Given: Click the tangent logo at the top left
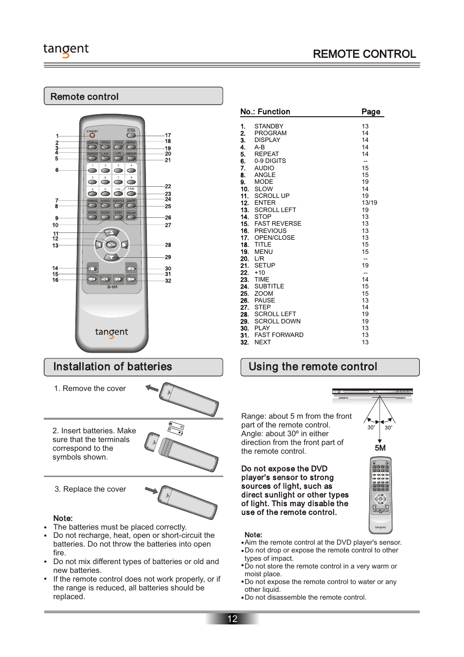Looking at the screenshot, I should pyautogui.click(x=66, y=50).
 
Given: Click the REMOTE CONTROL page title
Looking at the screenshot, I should pyautogui.click(x=364, y=54).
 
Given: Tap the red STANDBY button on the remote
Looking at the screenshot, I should pyautogui.click(x=92, y=136).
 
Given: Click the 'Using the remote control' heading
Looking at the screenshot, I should pyautogui.click(x=313, y=367).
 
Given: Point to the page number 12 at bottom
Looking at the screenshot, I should pyautogui.click(x=232, y=619).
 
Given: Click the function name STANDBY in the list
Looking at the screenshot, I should pyautogui.click(x=268, y=126).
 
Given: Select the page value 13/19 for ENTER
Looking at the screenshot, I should pyautogui.click(x=369, y=203).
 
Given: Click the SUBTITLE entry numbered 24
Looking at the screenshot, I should pyautogui.click(x=269, y=286).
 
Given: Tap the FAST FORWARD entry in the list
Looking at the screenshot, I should pyautogui.click(x=279, y=335).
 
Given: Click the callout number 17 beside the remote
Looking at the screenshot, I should pyautogui.click(x=168, y=136).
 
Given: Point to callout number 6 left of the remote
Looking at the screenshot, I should pyautogui.click(x=57, y=170).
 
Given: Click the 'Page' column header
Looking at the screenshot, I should pyautogui.click(x=371, y=112).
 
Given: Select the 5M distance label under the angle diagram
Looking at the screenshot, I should pyautogui.click(x=380, y=448).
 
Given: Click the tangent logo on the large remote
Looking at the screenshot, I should pyautogui.click(x=111, y=333).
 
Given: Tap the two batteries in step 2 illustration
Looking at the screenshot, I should pyautogui.click(x=176, y=428).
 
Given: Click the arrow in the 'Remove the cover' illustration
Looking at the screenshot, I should pyautogui.click(x=152, y=388).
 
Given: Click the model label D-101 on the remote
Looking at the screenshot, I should pyautogui.click(x=112, y=287).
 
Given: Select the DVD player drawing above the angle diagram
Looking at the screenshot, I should pyautogui.click(x=372, y=392).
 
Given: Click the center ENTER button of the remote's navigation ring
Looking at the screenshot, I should pyautogui.click(x=111, y=245).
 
